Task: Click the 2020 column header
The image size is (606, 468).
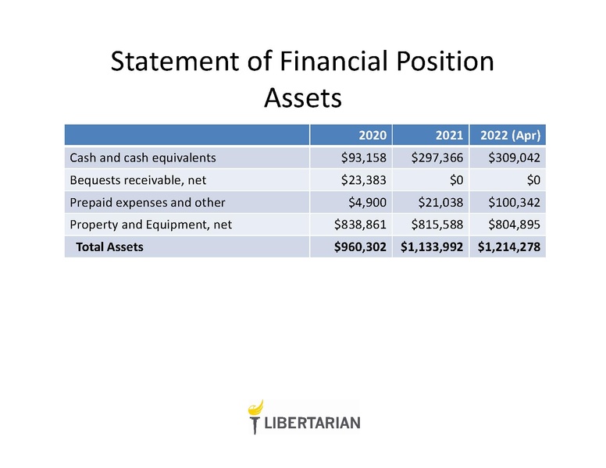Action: [x=373, y=135]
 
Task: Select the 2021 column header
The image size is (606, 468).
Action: [x=449, y=135]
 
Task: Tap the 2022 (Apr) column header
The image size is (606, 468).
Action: [x=510, y=136]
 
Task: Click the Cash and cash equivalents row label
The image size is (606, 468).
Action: [x=143, y=158]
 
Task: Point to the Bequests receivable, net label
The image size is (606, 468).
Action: [x=138, y=180]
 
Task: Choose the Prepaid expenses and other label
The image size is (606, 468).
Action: [x=148, y=202]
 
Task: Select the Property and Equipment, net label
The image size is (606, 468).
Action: [x=151, y=225]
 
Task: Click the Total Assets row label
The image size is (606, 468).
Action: [x=109, y=246]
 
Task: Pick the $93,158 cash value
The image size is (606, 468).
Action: [x=363, y=158]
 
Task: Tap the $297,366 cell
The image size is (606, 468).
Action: [x=437, y=158]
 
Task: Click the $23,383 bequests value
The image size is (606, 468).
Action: [x=363, y=180]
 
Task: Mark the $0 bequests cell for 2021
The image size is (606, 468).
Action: [x=456, y=180]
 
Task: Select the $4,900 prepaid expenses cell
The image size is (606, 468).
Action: [x=367, y=202]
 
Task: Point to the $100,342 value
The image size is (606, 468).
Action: [x=514, y=202]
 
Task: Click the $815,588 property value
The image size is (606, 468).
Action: [x=437, y=225]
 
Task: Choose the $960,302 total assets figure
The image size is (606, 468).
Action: [x=360, y=246]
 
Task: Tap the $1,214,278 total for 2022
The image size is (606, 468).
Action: [x=509, y=246]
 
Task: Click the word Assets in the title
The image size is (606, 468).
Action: [x=303, y=97]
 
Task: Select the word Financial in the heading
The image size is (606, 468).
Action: [x=333, y=61]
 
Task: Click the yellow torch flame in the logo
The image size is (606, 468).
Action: [x=256, y=408]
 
